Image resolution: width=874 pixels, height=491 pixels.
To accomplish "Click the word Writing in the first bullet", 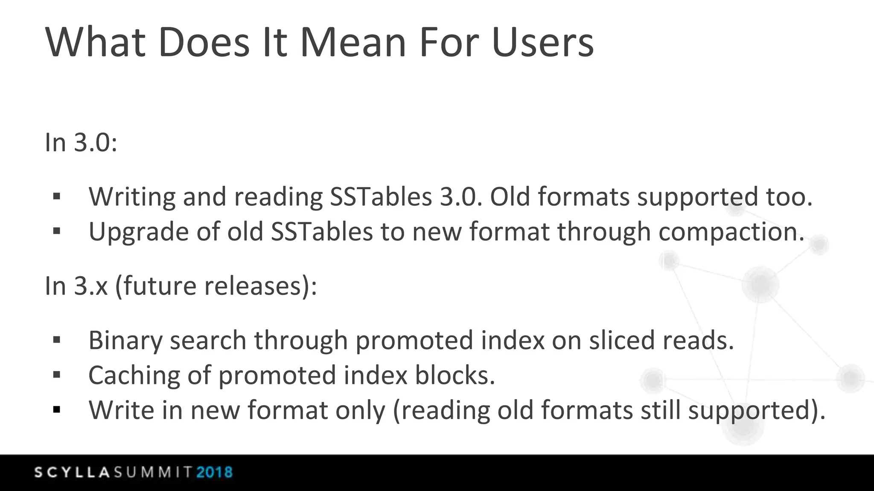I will pos(132,197).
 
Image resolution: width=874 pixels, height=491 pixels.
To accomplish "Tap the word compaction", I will pos(731,233).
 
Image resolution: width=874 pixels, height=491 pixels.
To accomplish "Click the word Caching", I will pos(134,376).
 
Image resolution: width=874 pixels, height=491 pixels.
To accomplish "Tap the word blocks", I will pos(454,375).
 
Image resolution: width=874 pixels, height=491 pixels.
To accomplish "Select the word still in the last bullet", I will pos(661,410).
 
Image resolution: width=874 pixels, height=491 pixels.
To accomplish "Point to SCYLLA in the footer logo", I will pos(72,472).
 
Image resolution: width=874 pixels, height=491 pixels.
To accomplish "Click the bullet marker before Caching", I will pos(57,375).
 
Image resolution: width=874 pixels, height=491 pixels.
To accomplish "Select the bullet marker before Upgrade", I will pos(57,231).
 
